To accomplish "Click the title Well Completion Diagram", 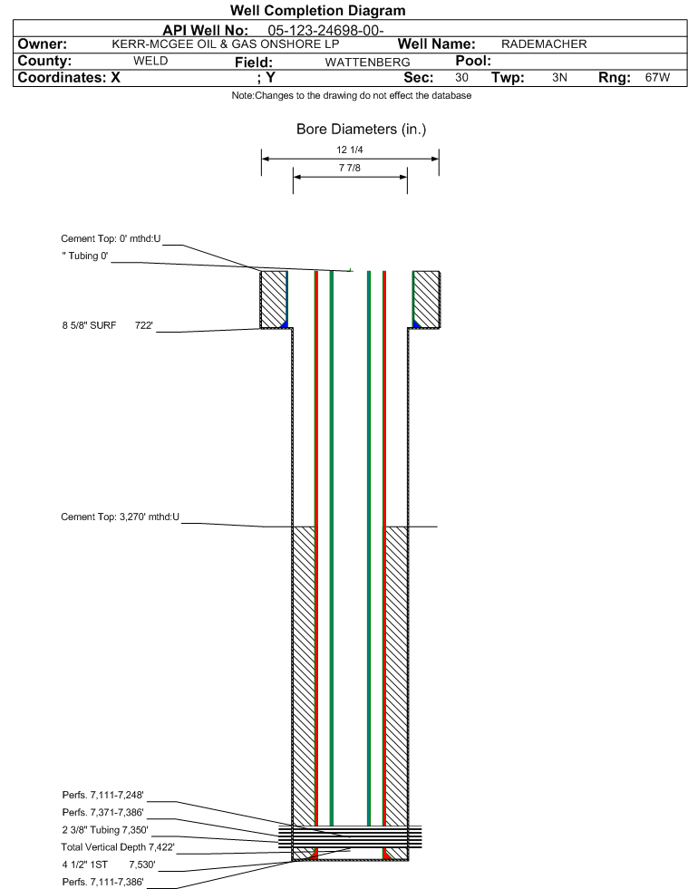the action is pos(317,10).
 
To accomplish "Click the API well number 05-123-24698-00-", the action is pos(325,30).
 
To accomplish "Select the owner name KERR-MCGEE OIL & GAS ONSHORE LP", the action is pos(225,44).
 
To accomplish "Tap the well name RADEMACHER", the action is pos(544,44).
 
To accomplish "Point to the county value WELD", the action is pos(150,62).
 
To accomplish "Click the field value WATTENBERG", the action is pos(367,63).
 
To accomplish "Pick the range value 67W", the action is pos(657,78).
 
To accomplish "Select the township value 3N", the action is pos(559,78).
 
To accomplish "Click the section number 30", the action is pos(461,78).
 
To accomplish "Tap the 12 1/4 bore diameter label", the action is pos(349,150).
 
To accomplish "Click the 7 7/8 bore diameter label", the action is pos(349,168).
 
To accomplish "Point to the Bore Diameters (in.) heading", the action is pos(362,130).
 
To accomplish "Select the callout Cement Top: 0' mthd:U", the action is pos(111,238).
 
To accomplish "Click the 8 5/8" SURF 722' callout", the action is pos(107,325).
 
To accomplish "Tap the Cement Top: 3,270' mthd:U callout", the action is pos(120,517).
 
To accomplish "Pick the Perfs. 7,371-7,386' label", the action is pos(102,813).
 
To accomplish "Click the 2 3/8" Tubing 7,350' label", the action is pos(105,830).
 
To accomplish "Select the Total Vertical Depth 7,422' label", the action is pos(118,847).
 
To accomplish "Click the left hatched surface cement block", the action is pos(274,299).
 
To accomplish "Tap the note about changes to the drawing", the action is pos(351,96).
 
